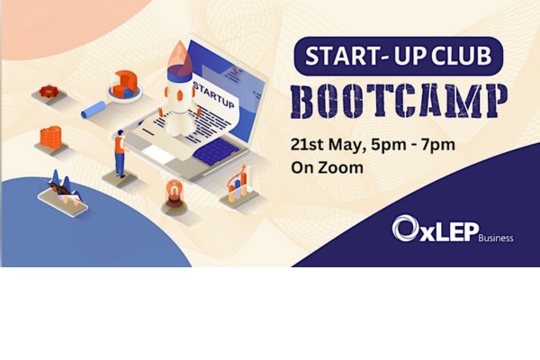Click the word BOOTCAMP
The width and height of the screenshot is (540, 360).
(399, 102)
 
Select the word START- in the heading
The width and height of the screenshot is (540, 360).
(347, 56)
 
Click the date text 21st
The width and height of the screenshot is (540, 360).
(307, 145)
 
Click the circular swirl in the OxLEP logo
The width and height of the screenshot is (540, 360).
(405, 228)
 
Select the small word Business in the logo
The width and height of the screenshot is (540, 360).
(496, 238)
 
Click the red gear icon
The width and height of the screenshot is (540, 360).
(49, 91)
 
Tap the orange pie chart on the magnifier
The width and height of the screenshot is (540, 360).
(124, 84)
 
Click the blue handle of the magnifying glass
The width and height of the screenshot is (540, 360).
(94, 110)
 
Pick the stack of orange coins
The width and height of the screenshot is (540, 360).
(51, 137)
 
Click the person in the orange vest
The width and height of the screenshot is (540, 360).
(121, 153)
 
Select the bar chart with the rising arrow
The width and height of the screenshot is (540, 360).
(238, 184)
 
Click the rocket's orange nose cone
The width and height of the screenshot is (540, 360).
(180, 58)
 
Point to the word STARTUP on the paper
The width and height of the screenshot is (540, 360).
(214, 94)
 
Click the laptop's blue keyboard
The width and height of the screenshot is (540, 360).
(216, 151)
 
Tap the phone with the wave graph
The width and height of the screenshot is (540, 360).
(63, 199)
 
